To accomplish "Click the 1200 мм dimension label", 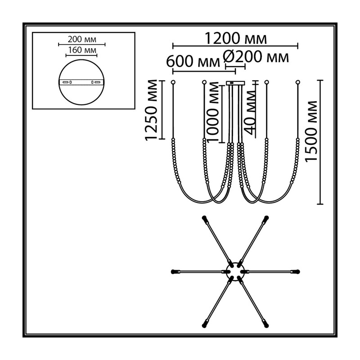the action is [x=235, y=38].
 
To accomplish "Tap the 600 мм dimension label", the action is [x=193, y=62].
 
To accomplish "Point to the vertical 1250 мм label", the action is [x=151, y=110].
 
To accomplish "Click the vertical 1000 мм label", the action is [x=212, y=112].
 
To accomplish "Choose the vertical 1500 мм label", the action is [x=311, y=131].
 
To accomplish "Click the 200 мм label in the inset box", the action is [x=82, y=40].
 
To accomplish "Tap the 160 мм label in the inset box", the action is [x=82, y=50].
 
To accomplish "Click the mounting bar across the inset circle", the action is [x=82, y=82].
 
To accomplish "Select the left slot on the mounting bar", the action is [x=66, y=82].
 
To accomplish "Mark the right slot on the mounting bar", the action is [x=97, y=82].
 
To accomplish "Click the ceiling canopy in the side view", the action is [x=235, y=83].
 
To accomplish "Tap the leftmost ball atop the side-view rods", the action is [x=173, y=82].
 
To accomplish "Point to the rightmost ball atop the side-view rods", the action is [x=298, y=82].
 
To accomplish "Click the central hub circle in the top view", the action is [x=235, y=272].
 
